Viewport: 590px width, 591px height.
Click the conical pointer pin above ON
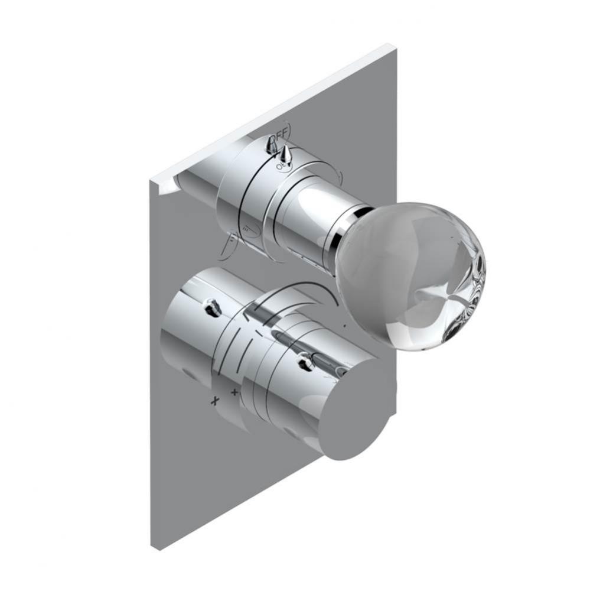click(285, 155)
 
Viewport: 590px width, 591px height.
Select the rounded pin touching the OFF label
click(273, 144)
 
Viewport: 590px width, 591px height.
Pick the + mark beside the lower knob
click(234, 391)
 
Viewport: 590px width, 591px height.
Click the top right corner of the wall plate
click(390, 46)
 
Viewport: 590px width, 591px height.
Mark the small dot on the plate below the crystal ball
click(344, 324)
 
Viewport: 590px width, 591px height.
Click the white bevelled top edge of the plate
click(272, 112)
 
